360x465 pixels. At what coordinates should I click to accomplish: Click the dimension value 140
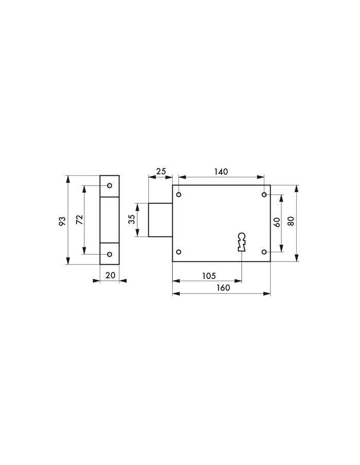[221, 172]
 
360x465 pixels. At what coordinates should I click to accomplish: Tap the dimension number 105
[208, 276]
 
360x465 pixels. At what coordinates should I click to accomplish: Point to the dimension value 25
[160, 172]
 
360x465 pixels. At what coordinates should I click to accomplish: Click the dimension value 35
[132, 219]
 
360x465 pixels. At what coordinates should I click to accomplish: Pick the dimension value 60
[277, 222]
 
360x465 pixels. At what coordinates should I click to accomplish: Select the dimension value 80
[291, 222]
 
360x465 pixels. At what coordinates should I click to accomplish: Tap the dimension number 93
[62, 221]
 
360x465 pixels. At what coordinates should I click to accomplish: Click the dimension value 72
[79, 220]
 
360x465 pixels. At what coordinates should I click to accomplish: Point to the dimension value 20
[110, 275]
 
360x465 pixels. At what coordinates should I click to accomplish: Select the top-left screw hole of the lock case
[179, 195]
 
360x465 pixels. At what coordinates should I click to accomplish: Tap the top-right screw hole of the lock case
[264, 195]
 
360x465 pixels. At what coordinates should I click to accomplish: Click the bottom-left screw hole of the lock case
[179, 252]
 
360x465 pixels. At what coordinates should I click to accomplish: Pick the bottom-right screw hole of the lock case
[264, 252]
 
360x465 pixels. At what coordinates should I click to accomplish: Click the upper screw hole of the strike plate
[109, 185]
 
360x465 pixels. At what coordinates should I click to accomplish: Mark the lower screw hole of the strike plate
[109, 254]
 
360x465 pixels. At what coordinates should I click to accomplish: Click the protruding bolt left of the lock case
[160, 220]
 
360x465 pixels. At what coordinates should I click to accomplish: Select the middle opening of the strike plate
[110, 219]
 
